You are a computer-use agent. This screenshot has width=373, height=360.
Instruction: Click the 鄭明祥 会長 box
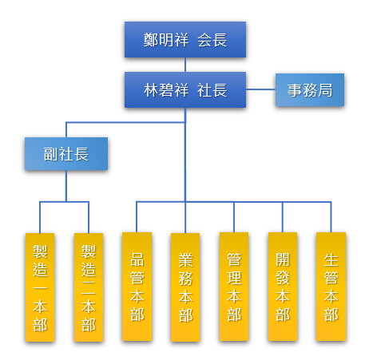[x=185, y=39]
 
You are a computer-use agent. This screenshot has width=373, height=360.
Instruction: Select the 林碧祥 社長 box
[x=185, y=89]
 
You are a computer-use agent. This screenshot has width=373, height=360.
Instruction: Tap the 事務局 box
[x=310, y=90]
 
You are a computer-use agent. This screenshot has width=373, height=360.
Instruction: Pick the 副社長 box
[x=66, y=153]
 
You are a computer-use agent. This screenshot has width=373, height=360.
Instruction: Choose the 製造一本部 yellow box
[x=40, y=287]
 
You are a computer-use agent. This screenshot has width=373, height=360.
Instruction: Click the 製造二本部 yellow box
[x=89, y=287]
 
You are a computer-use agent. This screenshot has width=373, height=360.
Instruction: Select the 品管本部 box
[x=137, y=287]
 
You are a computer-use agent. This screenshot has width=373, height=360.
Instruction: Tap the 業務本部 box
[x=185, y=287]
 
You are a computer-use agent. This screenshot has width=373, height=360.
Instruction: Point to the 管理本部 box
[x=234, y=287]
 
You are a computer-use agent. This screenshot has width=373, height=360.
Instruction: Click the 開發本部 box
[x=283, y=287]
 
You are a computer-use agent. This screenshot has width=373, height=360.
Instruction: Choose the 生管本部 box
[x=331, y=287]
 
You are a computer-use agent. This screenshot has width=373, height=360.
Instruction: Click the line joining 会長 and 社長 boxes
[x=185, y=65]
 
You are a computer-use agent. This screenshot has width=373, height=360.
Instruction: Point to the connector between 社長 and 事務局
[x=260, y=89]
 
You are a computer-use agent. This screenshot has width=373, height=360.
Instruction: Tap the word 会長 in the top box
[x=212, y=40]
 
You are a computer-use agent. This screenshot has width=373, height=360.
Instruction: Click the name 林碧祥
[x=166, y=90]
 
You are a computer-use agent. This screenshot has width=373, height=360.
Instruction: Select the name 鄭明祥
[x=166, y=40]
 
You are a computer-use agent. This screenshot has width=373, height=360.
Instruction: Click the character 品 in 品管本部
[x=137, y=259]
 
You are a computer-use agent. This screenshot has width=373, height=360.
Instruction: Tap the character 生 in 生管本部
[x=331, y=260]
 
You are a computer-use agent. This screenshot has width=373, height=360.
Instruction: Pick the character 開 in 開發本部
[x=283, y=259]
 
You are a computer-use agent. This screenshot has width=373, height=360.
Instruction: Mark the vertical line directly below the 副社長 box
[x=66, y=186]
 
